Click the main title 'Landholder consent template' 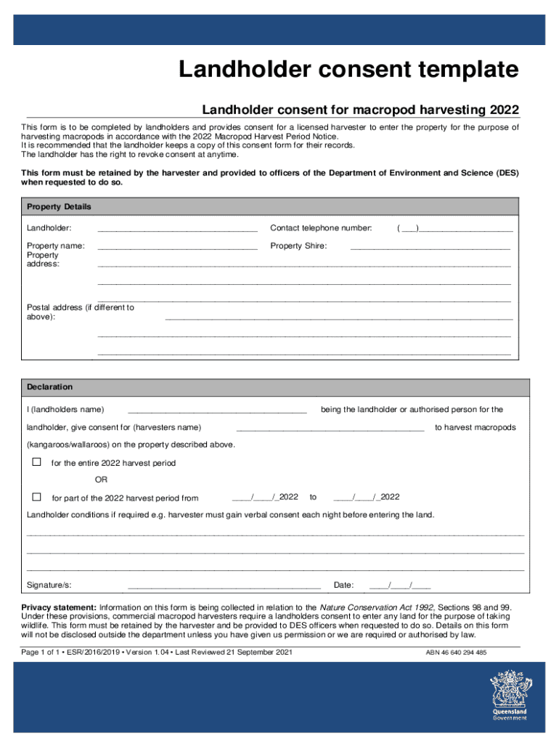(x=349, y=70)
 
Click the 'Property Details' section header (x=59, y=207)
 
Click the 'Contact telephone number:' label (x=321, y=228)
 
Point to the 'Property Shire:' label (x=298, y=246)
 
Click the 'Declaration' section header (x=50, y=387)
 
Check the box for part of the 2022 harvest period (x=36, y=498)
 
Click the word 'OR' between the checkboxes (x=102, y=480)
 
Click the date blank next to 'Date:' (x=399, y=586)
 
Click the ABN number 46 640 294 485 (x=456, y=653)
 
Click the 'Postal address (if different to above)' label (x=80, y=312)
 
